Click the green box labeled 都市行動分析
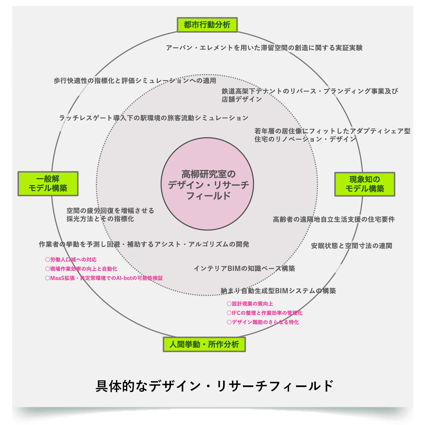(207, 25)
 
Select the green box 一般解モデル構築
(48, 184)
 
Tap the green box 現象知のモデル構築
(364, 184)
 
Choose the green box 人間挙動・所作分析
(204, 344)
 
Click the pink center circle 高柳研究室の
(207, 184)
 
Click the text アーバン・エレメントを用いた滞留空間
(264, 48)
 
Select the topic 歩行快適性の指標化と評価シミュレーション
(135, 80)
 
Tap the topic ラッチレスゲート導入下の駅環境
(154, 118)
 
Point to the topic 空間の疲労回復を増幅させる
(110, 215)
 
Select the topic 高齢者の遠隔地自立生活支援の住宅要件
(334, 219)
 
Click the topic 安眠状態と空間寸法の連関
(351, 246)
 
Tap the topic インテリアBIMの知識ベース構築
(244, 269)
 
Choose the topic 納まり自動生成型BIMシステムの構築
(278, 291)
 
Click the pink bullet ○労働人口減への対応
(71, 260)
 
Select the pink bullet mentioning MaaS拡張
(104, 278)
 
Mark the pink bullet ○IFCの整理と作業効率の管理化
(265, 313)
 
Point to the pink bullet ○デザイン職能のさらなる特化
(263, 322)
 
